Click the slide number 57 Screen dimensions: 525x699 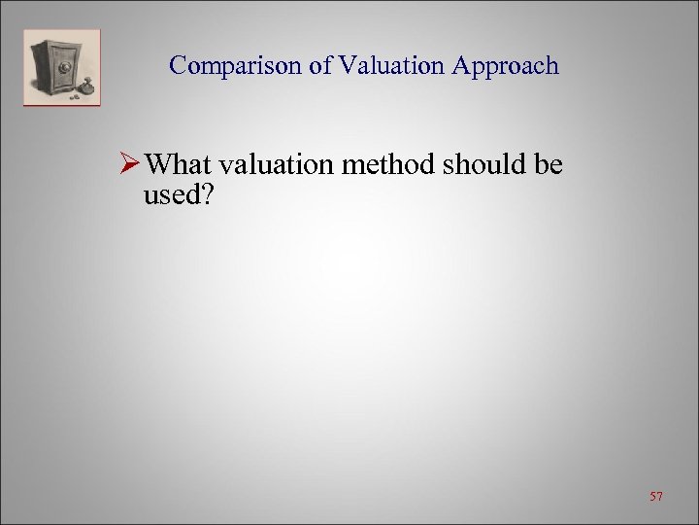pyautogui.click(x=657, y=497)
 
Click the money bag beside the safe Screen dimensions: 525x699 pyautogui.click(x=89, y=88)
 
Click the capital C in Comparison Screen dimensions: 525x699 pyautogui.click(x=177, y=66)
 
